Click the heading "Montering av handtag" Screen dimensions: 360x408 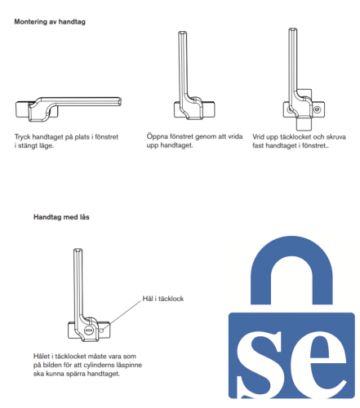click(50, 22)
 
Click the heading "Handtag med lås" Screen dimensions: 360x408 click(61, 217)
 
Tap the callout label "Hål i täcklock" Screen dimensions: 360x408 click(163, 299)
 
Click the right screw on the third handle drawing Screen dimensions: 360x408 click(317, 109)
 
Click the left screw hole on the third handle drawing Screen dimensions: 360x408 click(290, 110)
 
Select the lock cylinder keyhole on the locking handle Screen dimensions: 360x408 click(89, 330)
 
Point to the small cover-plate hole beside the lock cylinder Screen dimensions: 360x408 click(101, 330)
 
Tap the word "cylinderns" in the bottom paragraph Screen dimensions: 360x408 click(100, 365)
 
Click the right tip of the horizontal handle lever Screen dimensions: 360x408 click(120, 102)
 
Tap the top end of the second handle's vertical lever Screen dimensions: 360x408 click(183, 33)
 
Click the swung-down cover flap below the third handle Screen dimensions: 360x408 click(304, 123)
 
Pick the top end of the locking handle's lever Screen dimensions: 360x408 click(78, 251)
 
